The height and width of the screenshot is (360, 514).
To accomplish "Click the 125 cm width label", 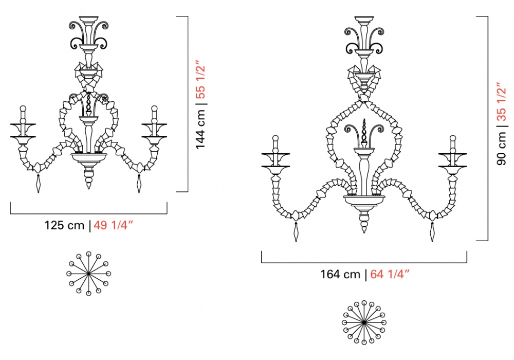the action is coord(64,226).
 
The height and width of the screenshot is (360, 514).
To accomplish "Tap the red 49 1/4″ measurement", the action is coord(114,226).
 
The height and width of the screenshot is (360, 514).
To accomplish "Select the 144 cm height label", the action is coord(200,129).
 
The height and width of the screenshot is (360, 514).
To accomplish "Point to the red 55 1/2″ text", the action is coord(200,79).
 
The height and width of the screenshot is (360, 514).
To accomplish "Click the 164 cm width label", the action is coord(340,274).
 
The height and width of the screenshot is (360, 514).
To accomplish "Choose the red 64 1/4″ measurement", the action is coord(390,274).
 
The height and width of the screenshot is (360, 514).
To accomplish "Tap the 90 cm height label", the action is coord(501,148).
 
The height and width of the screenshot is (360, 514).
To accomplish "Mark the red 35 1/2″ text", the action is coord(501,102).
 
